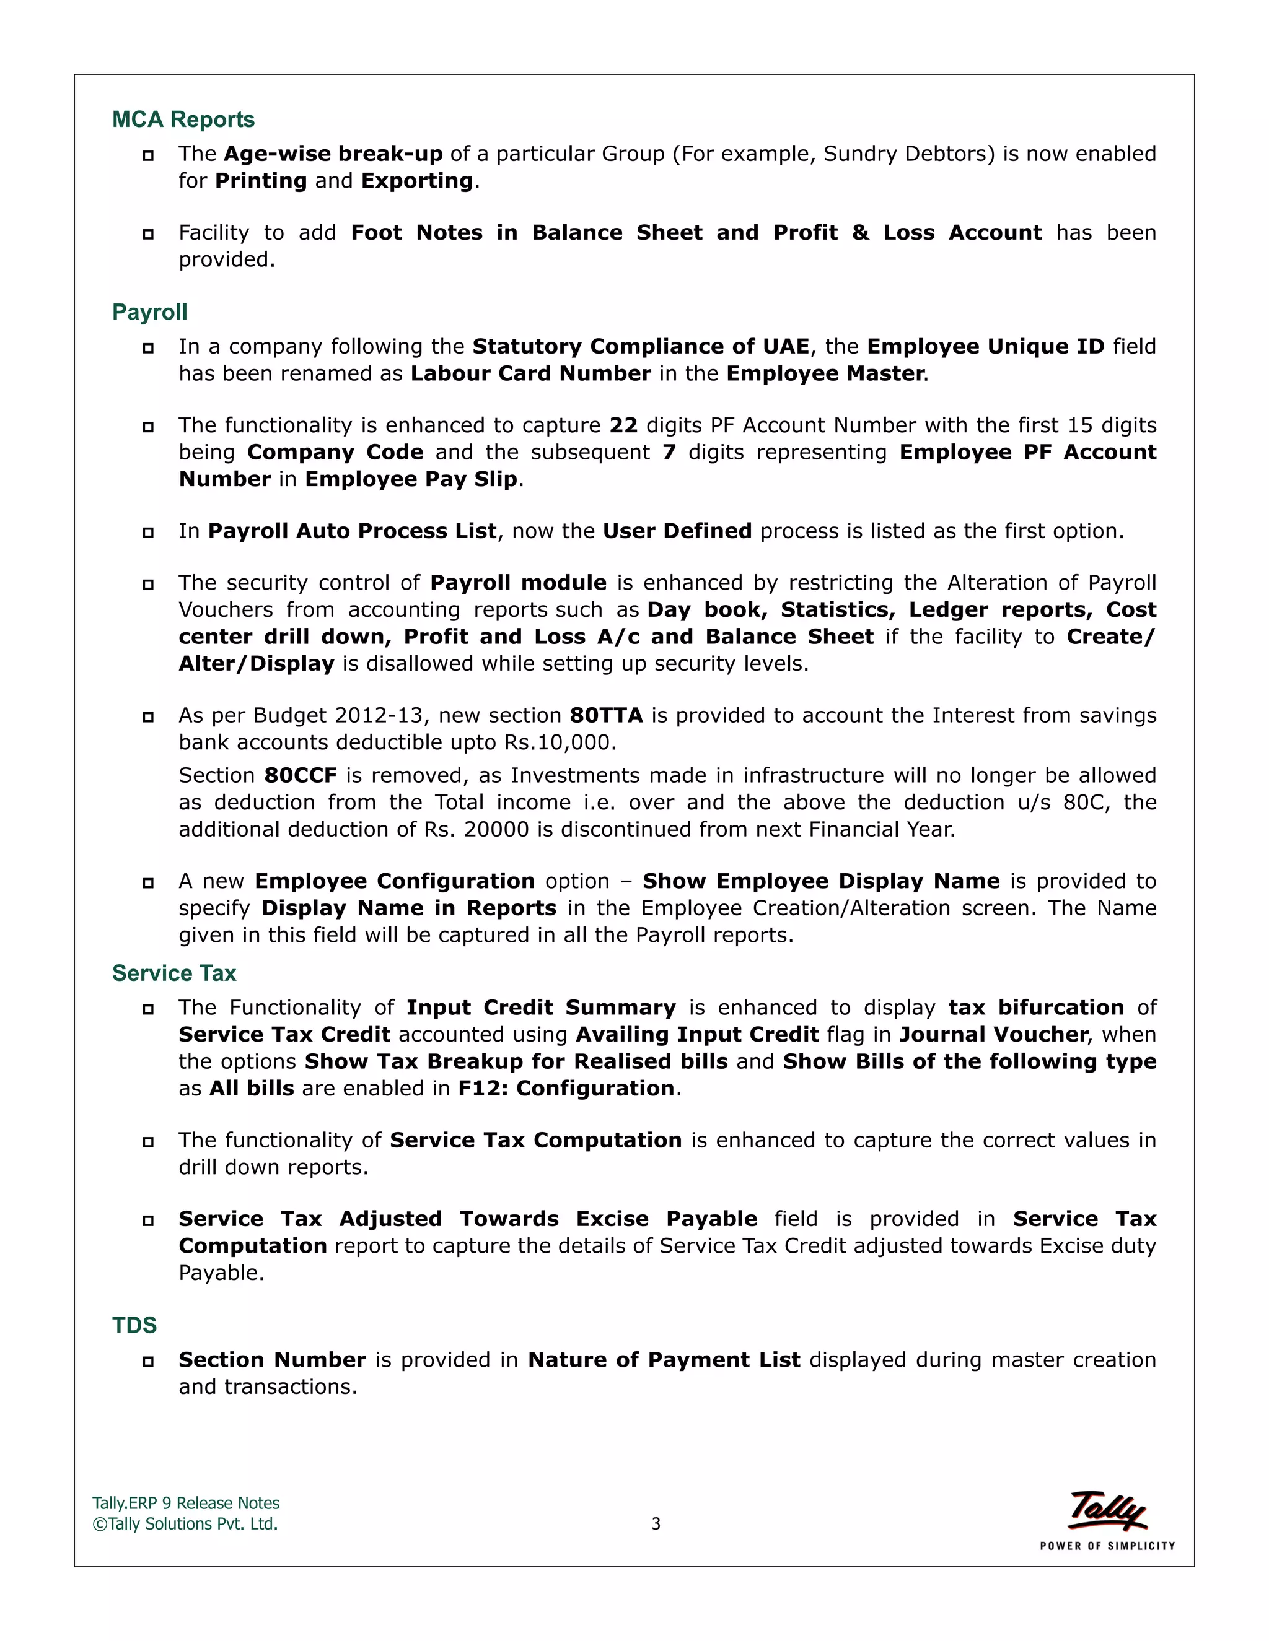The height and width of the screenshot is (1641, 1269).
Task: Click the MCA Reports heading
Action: click(183, 120)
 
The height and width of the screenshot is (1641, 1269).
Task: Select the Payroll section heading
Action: click(149, 312)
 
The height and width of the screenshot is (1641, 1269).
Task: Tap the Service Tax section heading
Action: click(173, 973)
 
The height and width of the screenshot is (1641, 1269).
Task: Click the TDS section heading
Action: click(134, 1325)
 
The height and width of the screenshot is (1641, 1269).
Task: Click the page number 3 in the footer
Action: click(656, 1524)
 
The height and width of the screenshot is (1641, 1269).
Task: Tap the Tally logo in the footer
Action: click(1107, 1510)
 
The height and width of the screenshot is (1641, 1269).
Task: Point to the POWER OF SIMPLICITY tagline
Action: click(1107, 1546)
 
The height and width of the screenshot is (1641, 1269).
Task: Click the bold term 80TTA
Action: click(606, 715)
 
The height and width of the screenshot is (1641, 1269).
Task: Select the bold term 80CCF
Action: click(301, 775)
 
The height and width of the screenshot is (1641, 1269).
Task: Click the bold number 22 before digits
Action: click(623, 425)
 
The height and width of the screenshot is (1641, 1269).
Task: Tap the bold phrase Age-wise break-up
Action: click(333, 154)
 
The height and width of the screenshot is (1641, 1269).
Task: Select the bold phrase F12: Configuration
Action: click(566, 1088)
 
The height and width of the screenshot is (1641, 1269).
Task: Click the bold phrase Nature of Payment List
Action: click(664, 1360)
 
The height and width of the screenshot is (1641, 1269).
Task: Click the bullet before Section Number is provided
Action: click(148, 1360)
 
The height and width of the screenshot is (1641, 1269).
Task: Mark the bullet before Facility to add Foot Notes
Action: click(148, 233)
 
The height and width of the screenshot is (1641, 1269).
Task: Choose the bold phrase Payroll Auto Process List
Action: click(352, 531)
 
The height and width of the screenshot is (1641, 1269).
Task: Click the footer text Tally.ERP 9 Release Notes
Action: click(186, 1503)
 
